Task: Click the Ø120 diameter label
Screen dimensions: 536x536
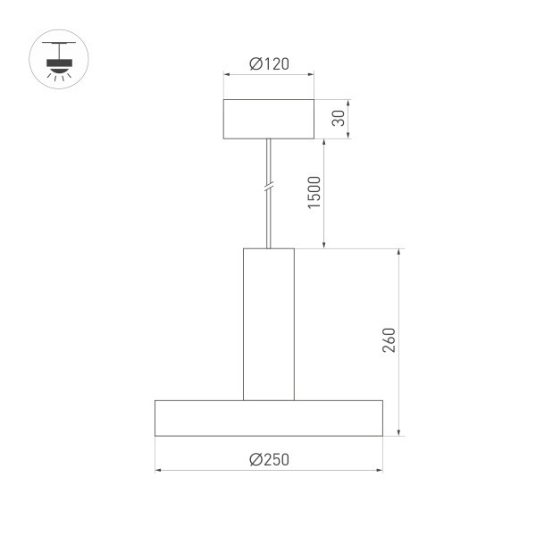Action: [x=268, y=64]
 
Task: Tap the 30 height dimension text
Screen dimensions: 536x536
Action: [x=338, y=119]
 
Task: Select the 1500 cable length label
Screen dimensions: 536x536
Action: [x=314, y=194]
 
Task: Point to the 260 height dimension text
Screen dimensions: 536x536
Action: [x=388, y=341]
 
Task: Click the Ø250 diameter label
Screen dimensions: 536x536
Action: [x=269, y=459]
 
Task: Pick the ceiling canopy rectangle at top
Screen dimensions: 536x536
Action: [x=268, y=119]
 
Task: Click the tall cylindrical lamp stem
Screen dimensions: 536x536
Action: [x=268, y=323]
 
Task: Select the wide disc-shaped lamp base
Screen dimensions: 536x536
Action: [x=268, y=418]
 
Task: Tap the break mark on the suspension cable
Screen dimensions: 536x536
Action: [x=268, y=189]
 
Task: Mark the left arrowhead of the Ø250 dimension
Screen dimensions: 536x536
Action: [x=159, y=469]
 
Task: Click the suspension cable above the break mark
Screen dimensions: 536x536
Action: [x=268, y=161]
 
